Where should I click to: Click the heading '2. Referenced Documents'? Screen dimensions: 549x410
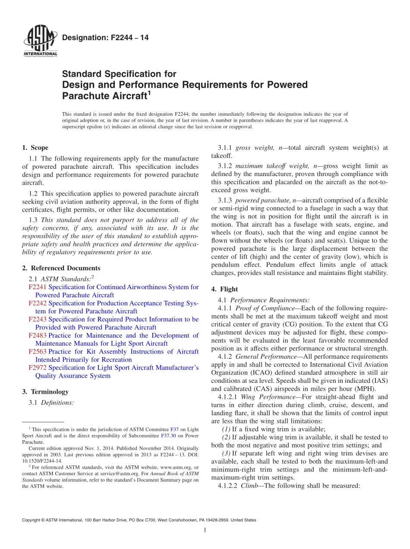pos(61,268)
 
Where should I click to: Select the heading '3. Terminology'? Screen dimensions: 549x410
pos(45,392)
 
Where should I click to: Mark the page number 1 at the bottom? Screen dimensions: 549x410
pos(205,530)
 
